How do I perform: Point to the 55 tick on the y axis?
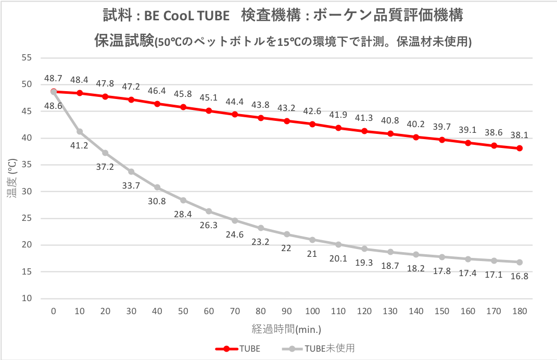pos(26,57)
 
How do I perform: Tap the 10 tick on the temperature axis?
pos(26,299)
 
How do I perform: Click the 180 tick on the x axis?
pos(519,312)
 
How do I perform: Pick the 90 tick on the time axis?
pos(286,312)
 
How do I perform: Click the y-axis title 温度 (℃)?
pos(12,178)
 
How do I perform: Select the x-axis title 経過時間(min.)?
pos(286,329)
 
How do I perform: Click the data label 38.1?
pos(519,134)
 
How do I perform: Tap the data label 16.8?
pos(519,276)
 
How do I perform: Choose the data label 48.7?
pos(53,78)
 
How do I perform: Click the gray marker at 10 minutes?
pos(80,131)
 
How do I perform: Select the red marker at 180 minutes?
pos(519,148)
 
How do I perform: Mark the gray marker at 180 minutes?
pos(519,262)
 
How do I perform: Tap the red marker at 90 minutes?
pos(286,121)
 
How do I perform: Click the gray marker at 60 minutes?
pos(209,211)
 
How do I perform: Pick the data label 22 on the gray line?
pos(286,248)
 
